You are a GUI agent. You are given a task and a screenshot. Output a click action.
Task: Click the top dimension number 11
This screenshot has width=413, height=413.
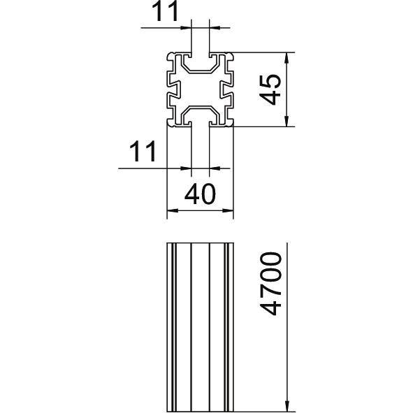point(166,12)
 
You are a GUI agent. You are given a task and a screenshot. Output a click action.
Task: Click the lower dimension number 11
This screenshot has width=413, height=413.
point(143,152)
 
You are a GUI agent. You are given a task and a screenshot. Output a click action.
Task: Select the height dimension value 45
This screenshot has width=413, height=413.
point(270,89)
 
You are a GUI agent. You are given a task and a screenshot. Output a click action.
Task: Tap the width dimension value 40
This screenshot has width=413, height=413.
point(200,194)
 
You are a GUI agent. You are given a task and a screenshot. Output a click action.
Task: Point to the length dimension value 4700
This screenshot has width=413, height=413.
point(270,284)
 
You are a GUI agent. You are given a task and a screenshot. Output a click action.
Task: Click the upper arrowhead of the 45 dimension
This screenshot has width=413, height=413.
point(287,59)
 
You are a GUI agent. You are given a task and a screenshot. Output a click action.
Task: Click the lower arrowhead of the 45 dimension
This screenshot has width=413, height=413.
point(287,121)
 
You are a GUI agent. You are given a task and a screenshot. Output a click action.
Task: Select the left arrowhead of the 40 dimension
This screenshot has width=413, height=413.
point(173,210)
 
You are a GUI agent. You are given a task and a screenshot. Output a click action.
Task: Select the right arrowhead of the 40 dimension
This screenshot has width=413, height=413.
point(228,210)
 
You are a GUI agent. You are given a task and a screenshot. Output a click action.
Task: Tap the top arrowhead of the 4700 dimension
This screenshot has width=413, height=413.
point(287,249)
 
